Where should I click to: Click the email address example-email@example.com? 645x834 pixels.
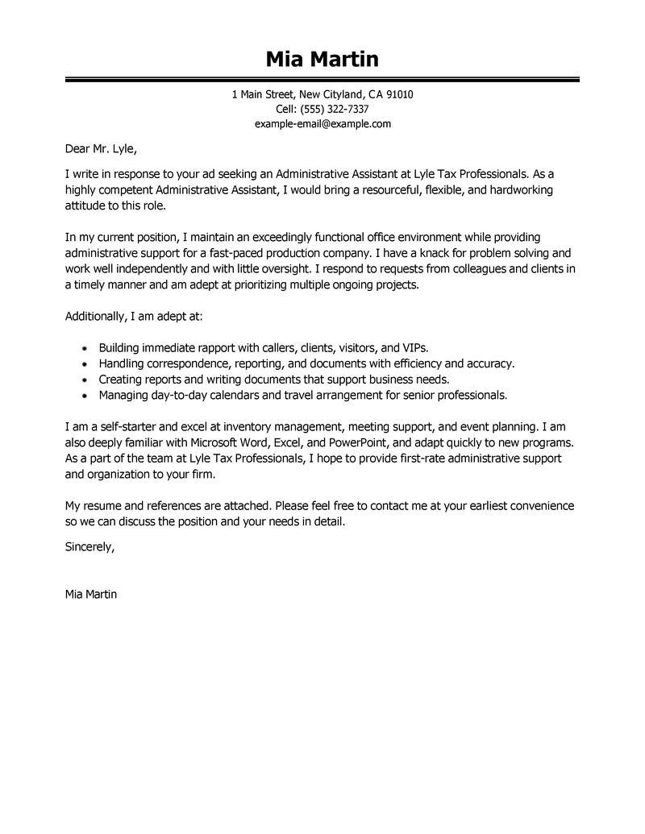tap(322, 123)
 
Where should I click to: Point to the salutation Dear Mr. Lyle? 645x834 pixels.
tap(101, 148)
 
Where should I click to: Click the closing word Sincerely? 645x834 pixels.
tap(89, 546)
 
